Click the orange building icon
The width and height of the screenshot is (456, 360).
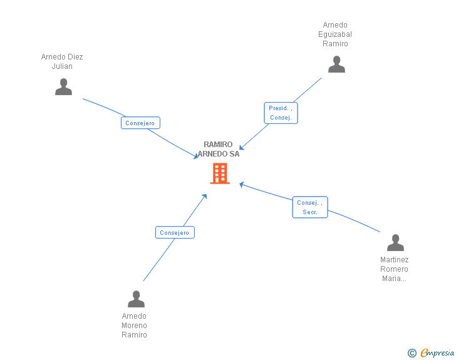click(x=219, y=173)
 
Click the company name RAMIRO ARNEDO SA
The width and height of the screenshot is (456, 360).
click(x=219, y=149)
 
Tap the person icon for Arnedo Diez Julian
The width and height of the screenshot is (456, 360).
click(x=63, y=86)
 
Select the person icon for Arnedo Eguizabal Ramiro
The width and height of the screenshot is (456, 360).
click(x=336, y=64)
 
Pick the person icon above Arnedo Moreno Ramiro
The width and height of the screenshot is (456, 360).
click(x=136, y=299)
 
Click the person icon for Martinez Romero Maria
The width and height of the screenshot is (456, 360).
click(x=395, y=242)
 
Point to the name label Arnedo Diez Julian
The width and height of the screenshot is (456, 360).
click(x=62, y=61)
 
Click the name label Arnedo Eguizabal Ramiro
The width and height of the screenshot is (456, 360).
click(x=335, y=34)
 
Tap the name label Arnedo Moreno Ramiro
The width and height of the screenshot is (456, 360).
click(x=134, y=326)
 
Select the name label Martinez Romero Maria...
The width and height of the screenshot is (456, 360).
click(x=395, y=269)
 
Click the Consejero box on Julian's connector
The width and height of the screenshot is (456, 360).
click(x=140, y=123)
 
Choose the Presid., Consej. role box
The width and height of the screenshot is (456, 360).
click(x=281, y=113)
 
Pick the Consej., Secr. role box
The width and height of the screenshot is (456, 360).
click(x=310, y=207)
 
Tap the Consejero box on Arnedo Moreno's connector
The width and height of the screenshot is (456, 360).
click(x=175, y=232)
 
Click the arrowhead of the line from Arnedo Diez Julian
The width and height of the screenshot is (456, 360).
click(x=196, y=156)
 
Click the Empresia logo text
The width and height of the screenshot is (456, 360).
click(x=437, y=352)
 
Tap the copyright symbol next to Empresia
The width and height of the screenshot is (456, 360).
click(x=412, y=353)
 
